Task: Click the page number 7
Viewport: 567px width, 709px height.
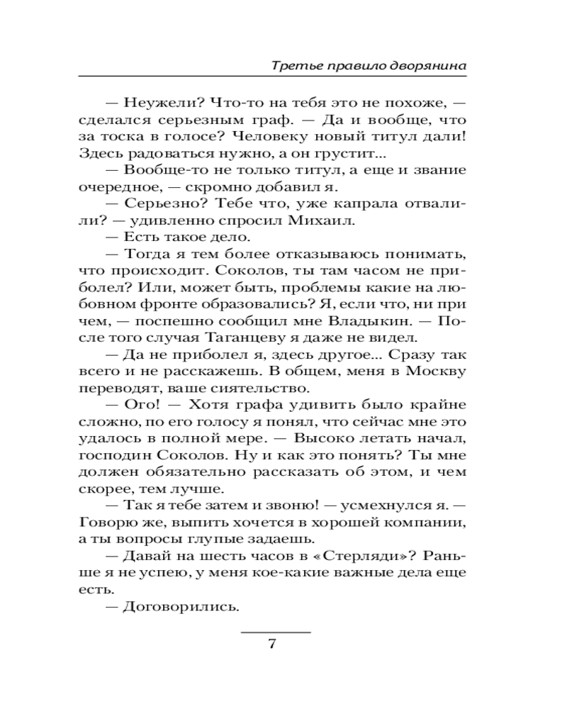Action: [276, 644]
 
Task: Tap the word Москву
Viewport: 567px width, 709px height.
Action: [433, 371]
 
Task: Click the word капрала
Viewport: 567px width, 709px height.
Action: [352, 203]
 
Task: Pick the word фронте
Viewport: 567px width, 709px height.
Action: [169, 303]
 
